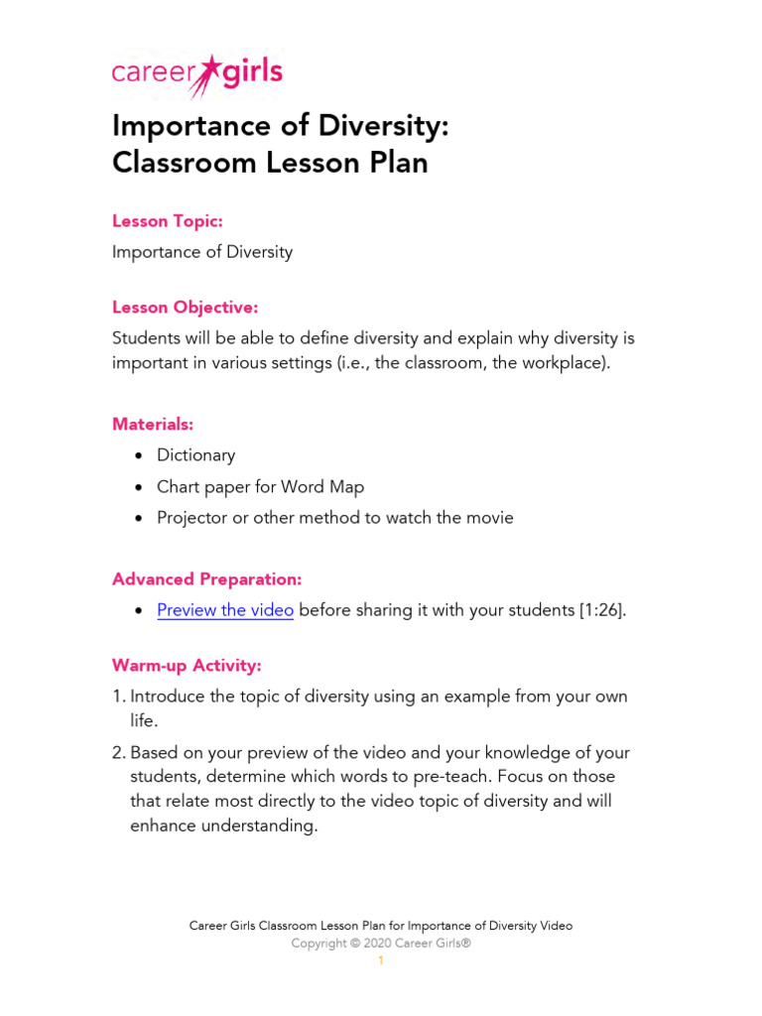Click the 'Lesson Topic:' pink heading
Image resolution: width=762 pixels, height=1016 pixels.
point(167,220)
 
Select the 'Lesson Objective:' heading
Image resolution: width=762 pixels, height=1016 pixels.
point(185,308)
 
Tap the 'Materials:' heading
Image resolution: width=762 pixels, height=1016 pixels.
point(153,424)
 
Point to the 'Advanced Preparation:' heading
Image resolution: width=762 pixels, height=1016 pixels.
point(206,578)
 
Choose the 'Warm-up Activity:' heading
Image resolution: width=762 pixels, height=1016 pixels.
point(187,665)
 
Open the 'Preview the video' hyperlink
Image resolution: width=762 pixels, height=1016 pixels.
point(225,610)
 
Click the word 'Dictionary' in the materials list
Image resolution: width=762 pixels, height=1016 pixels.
point(195,455)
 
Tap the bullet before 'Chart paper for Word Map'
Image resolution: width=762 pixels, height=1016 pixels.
point(137,487)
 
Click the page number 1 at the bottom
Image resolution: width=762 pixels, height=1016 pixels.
point(380,961)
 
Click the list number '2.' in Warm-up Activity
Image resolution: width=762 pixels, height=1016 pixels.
point(119,753)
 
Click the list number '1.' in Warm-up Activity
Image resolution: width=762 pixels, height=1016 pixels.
point(119,697)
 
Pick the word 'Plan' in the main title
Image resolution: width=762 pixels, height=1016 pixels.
point(395,163)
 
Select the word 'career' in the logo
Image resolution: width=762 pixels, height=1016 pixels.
point(154,75)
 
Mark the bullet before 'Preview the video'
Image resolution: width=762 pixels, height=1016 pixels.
point(137,611)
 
